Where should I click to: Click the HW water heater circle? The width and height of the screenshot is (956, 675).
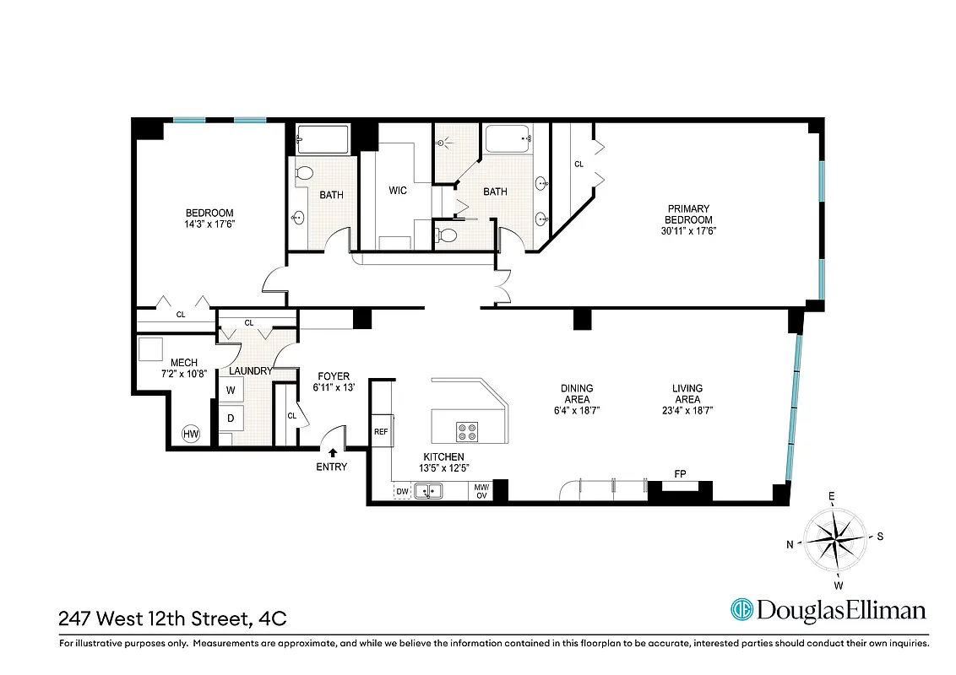point(192,435)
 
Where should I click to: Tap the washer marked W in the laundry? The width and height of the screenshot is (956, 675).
point(231,391)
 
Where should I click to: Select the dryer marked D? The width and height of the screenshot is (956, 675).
point(231,418)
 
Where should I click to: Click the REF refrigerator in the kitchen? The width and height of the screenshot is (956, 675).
point(381,431)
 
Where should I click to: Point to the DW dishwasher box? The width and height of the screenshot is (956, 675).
point(402,490)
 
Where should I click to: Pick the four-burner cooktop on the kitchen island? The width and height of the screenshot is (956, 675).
point(467,432)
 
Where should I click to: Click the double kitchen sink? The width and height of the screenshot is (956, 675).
point(430,490)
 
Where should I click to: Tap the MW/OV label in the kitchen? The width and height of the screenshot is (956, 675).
point(481,490)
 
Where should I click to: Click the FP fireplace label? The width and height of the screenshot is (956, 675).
point(679,474)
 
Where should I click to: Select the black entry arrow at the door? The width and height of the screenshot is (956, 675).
point(333,453)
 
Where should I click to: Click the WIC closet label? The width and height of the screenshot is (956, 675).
point(398,191)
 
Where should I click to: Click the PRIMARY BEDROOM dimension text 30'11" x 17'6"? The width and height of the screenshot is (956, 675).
point(688,230)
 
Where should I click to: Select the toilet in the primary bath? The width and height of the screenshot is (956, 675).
point(448,235)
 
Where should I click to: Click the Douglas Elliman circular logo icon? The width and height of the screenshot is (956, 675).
point(741,610)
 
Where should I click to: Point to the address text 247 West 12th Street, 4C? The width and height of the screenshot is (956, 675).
point(172,618)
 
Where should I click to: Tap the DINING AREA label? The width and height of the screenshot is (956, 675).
point(576,394)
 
